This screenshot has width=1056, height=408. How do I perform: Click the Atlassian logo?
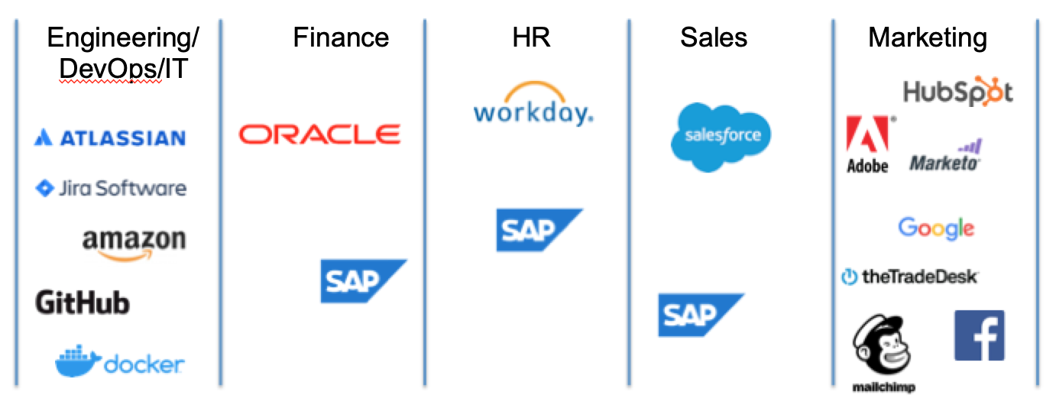(110, 138)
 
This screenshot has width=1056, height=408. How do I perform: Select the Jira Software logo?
(112, 189)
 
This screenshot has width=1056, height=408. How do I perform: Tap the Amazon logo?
(134, 244)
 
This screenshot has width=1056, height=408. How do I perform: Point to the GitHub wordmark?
(83, 303)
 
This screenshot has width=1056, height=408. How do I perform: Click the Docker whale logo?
(120, 361)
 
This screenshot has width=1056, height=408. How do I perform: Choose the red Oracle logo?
(319, 134)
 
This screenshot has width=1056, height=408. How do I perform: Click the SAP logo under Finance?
(364, 281)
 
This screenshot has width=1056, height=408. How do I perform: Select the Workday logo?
(533, 105)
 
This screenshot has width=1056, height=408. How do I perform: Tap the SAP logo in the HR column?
(539, 230)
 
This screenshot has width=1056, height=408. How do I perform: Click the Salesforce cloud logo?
(721, 137)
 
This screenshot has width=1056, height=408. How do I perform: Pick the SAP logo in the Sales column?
(701, 315)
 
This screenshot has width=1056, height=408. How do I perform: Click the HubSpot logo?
(958, 91)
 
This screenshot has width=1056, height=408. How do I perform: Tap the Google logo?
(936, 228)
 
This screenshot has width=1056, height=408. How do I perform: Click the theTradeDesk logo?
(910, 277)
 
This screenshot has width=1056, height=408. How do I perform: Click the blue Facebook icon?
(980, 335)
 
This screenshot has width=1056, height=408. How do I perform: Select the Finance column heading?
(341, 37)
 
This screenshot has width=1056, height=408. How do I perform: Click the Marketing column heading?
(928, 38)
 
